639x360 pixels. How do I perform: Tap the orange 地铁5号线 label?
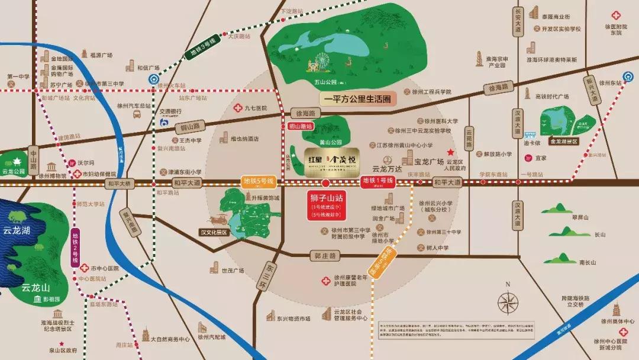(x=259, y=182)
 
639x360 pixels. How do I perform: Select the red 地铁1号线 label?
(x=377, y=182)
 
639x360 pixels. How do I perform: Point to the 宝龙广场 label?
(x=428, y=160)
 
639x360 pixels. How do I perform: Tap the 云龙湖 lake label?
(x=15, y=230)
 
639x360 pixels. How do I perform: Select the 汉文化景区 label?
(x=214, y=233)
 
